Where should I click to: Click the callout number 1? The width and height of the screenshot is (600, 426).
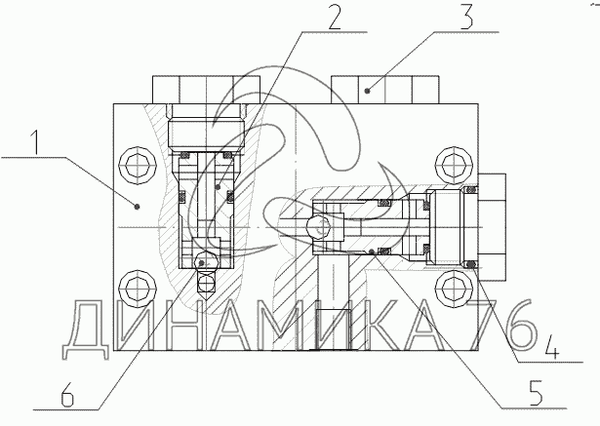tap(35, 142)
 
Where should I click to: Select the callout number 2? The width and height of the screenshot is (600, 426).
tap(335, 16)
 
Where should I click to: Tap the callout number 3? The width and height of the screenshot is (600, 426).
tap(466, 16)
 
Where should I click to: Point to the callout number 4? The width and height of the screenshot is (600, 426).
tap(550, 346)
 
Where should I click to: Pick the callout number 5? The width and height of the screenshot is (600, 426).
tap(535, 393)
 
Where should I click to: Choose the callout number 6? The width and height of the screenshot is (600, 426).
tap(67, 394)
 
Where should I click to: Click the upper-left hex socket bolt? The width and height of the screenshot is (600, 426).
tap(138, 166)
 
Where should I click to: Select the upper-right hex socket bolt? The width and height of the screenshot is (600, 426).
tap(456, 166)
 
